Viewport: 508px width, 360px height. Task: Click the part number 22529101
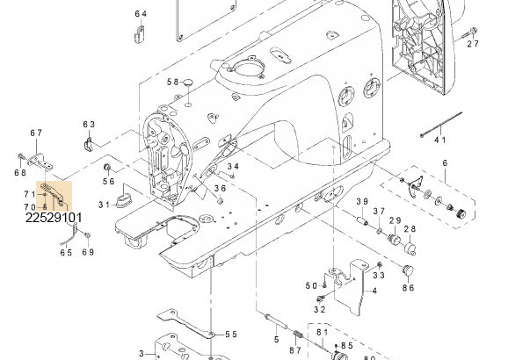click(x=54, y=218)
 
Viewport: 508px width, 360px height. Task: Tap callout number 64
click(x=141, y=14)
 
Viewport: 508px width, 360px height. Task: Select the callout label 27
click(x=473, y=44)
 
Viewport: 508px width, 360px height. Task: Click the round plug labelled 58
click(x=188, y=83)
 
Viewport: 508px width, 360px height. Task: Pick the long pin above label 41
click(x=441, y=125)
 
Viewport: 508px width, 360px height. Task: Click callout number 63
click(x=89, y=125)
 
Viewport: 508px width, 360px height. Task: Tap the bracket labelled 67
click(x=40, y=162)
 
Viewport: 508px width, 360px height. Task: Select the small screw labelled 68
click(x=21, y=157)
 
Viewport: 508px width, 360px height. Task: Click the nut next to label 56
click(x=106, y=168)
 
